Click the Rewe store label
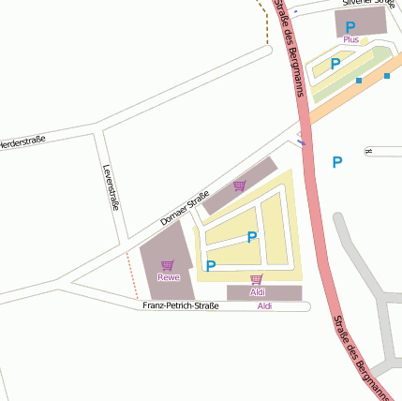tap(169, 277)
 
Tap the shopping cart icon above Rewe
tap(168, 265)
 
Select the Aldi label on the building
tap(258, 292)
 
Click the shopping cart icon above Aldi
tap(257, 280)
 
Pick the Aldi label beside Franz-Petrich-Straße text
tap(264, 306)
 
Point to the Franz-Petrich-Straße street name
tap(181, 306)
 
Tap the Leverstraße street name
tap(110, 187)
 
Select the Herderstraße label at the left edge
tap(21, 144)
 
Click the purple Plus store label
tap(350, 39)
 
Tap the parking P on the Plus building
tap(350, 27)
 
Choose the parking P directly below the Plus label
tap(335, 64)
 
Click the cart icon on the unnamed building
tap(240, 186)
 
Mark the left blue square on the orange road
tap(359, 81)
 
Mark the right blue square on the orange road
tap(387, 76)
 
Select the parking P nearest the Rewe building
tap(211, 266)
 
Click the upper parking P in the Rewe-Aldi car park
tap(252, 237)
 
